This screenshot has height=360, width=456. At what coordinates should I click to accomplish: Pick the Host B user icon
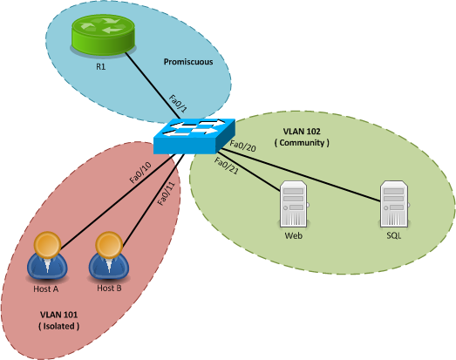106,256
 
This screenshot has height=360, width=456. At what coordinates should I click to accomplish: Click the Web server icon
293,206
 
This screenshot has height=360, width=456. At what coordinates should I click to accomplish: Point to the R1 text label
101,65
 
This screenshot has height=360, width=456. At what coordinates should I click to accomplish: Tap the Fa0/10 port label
140,172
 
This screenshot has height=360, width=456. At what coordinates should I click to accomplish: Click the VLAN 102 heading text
303,130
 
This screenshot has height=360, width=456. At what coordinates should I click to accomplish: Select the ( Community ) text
303,142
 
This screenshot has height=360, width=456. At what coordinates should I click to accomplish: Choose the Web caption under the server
293,236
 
